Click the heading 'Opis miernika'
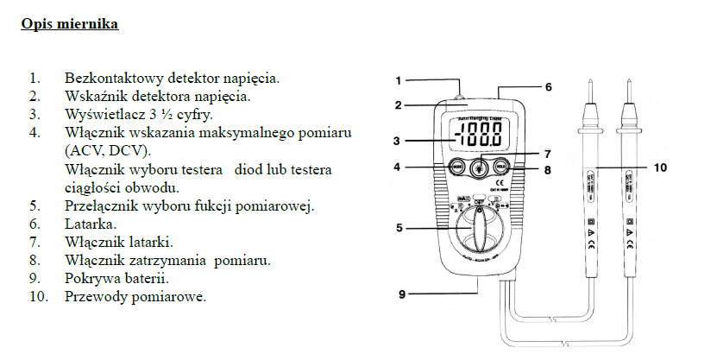point(70,24)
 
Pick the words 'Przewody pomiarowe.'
point(135,297)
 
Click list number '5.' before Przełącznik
point(35,205)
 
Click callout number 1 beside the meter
point(399,80)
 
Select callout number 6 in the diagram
point(548,87)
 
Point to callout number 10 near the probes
point(659,168)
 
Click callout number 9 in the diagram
point(402,294)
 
